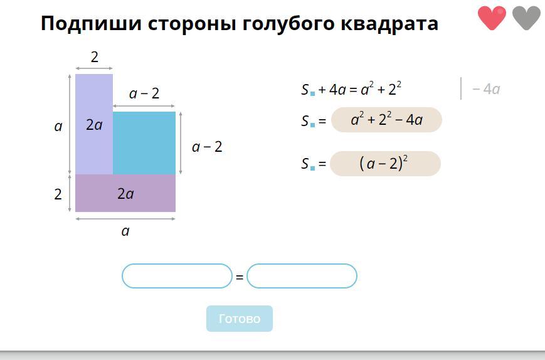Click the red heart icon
coord(492,18)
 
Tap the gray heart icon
coord(526,18)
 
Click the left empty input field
coord(177,276)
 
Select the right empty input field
coord(302,276)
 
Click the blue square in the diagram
coord(144,143)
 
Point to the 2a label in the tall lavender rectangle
coord(94,125)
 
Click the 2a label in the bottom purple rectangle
coord(125,194)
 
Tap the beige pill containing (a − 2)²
coord(385,164)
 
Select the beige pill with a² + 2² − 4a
coord(386,120)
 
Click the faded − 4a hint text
coord(486,89)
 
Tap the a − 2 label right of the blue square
coord(207,147)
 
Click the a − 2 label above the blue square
coord(144,93)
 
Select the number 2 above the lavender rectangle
coord(95,57)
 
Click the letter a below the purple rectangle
coord(125,231)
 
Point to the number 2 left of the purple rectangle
coord(58,194)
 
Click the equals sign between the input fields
coord(240,277)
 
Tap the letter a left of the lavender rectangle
coord(58,127)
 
